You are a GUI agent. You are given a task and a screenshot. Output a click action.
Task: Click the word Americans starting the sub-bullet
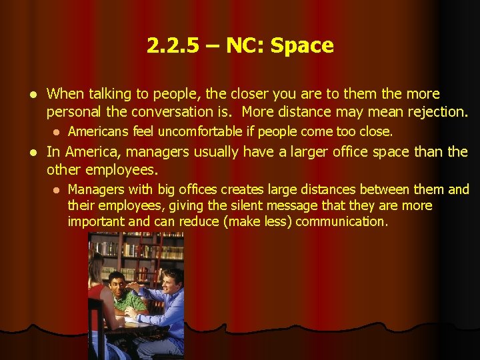tap(99, 131)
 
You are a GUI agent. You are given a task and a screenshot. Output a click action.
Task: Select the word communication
tap(340, 222)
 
